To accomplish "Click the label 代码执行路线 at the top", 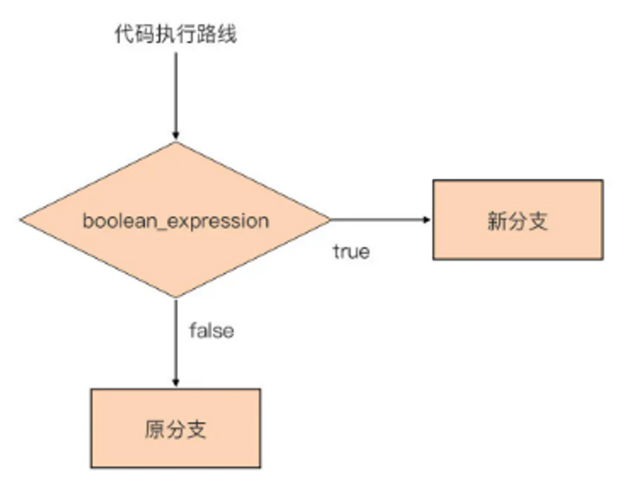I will (174, 35).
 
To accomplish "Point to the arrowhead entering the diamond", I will (175, 136).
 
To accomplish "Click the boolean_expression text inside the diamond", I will (175, 220).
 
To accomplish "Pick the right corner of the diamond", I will (329, 219).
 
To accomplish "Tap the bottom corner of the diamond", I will (175, 297).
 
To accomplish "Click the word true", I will (351, 252).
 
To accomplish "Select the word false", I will (211, 331).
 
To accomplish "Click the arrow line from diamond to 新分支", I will (378, 219).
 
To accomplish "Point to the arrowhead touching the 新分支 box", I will (429, 219).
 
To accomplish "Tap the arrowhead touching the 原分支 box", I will (175, 384).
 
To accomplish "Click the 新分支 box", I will (517, 220).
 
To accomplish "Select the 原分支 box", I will (175, 428).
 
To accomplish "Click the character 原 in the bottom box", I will (155, 428).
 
